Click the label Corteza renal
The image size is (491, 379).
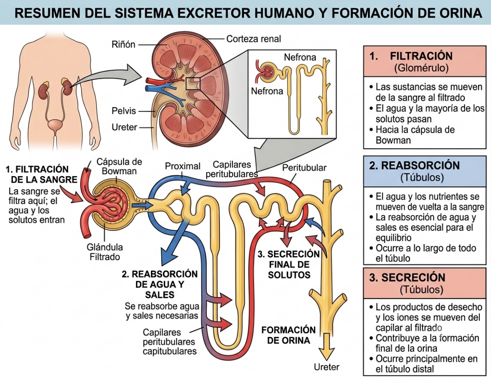(253, 39)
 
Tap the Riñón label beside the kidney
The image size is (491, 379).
(124, 45)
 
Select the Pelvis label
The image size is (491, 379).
(124, 111)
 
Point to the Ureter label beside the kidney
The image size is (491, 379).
(124, 127)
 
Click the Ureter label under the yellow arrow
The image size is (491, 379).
(327, 367)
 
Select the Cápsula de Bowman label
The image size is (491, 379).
(119, 166)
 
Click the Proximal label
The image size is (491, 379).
(183, 166)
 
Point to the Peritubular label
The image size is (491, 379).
(304, 168)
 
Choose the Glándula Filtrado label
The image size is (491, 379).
(105, 252)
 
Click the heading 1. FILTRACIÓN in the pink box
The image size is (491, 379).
(411, 56)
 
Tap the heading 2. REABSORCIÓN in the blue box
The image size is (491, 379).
(414, 165)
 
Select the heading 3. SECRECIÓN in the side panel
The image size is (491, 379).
(407, 277)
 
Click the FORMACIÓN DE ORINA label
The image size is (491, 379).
(289, 335)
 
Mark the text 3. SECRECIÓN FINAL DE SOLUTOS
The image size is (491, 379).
(289, 265)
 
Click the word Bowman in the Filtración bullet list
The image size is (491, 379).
(393, 140)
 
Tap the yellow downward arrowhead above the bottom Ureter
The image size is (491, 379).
(326, 351)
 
